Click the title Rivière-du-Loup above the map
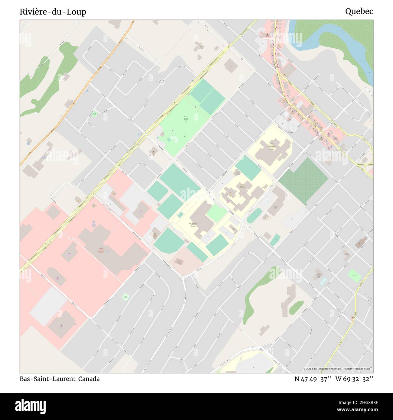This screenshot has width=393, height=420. [x=53, y=12]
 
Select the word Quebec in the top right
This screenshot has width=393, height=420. [x=359, y=11]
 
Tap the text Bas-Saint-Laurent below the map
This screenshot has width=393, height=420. [x=47, y=379]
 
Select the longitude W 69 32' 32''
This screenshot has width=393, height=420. [x=354, y=379]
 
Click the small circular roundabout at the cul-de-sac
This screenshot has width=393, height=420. [x=162, y=82]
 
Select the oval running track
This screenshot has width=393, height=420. [x=254, y=215]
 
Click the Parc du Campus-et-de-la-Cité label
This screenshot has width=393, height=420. [x=186, y=119]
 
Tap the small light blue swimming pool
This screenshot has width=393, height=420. [x=323, y=282]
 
